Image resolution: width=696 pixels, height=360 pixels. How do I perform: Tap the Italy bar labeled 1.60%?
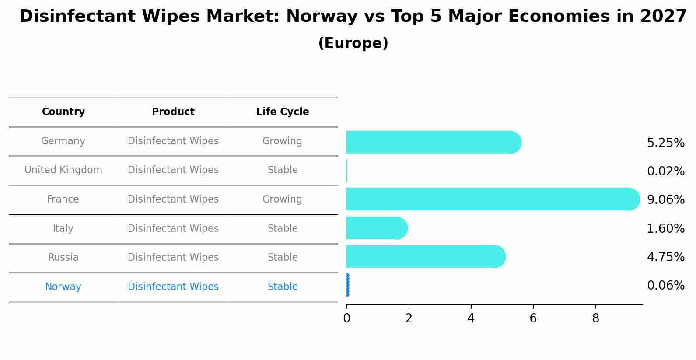click(376, 228)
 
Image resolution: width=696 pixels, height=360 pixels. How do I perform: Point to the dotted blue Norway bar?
click(347, 285)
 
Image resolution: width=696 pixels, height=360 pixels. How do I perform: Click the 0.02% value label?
click(665, 171)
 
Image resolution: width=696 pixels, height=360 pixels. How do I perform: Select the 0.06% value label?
click(665, 286)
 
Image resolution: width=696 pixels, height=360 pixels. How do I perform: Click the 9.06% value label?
click(665, 200)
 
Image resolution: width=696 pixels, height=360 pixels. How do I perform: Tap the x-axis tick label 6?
click(533, 318)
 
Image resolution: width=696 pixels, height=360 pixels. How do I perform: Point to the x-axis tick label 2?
click(409, 318)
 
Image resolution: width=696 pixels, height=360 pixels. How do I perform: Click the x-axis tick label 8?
click(595, 318)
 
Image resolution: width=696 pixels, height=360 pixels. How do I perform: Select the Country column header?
click(63, 112)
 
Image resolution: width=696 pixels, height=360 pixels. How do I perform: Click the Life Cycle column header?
click(283, 112)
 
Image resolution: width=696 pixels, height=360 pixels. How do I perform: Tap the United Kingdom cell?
click(63, 170)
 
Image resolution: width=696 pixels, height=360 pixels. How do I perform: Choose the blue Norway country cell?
click(63, 287)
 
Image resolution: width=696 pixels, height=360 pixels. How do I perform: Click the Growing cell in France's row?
click(282, 199)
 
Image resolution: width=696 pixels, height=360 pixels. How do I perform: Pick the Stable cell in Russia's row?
click(283, 258)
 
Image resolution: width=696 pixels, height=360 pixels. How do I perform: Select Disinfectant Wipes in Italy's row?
click(173, 228)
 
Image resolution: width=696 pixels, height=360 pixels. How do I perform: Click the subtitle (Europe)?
click(353, 43)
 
